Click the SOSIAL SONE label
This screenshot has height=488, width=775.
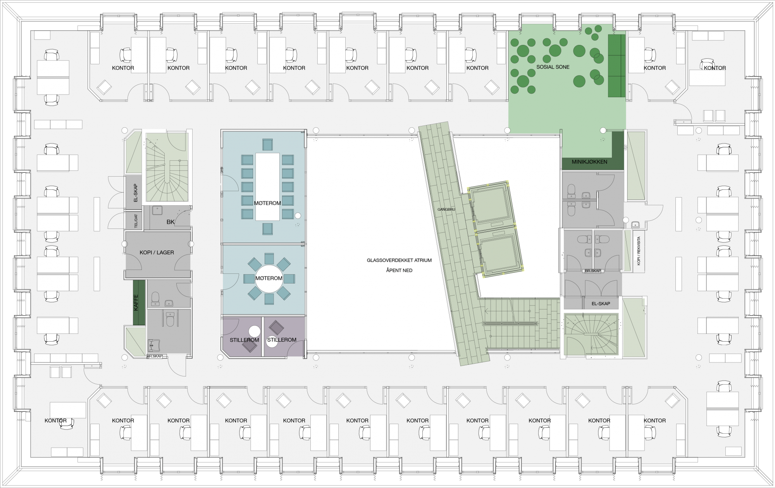click(x=553, y=67)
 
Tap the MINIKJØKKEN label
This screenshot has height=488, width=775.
click(x=589, y=162)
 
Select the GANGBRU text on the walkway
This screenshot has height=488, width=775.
click(x=446, y=210)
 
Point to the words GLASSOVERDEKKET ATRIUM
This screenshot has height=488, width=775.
click(x=399, y=260)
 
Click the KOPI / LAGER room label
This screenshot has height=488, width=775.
click(x=157, y=253)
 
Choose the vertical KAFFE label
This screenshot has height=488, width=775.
click(x=136, y=302)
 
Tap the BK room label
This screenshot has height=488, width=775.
click(x=170, y=222)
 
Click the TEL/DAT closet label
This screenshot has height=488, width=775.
click(x=136, y=220)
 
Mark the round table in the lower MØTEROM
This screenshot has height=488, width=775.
click(x=269, y=278)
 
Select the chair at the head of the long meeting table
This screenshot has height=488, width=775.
click(x=267, y=144)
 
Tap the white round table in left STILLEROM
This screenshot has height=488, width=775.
click(x=254, y=332)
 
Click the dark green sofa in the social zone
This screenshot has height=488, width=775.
click(x=617, y=66)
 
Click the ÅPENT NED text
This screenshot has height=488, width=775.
click(x=399, y=270)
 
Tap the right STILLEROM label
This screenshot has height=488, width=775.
click(x=282, y=340)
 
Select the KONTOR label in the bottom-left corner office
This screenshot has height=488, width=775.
click(x=55, y=420)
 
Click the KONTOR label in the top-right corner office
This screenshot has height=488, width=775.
click(x=715, y=68)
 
